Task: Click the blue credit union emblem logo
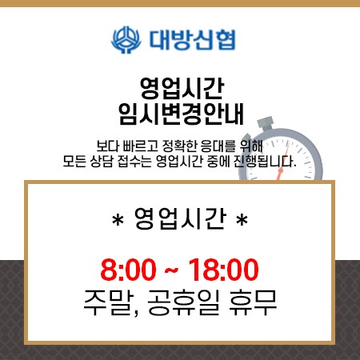click(126, 40)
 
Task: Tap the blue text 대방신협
click(193, 40)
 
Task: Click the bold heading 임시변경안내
click(181, 114)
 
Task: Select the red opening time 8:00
click(128, 270)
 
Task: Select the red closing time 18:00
click(223, 270)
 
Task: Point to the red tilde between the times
click(171, 270)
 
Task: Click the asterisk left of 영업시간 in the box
click(118, 221)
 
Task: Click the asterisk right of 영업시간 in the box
click(242, 221)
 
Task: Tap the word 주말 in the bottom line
click(109, 302)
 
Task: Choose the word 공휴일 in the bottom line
click(183, 302)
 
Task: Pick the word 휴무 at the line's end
click(253, 302)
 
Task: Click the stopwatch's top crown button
click(266, 123)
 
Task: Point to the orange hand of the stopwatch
click(283, 161)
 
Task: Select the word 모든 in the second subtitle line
click(73, 161)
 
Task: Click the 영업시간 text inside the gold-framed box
click(180, 219)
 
